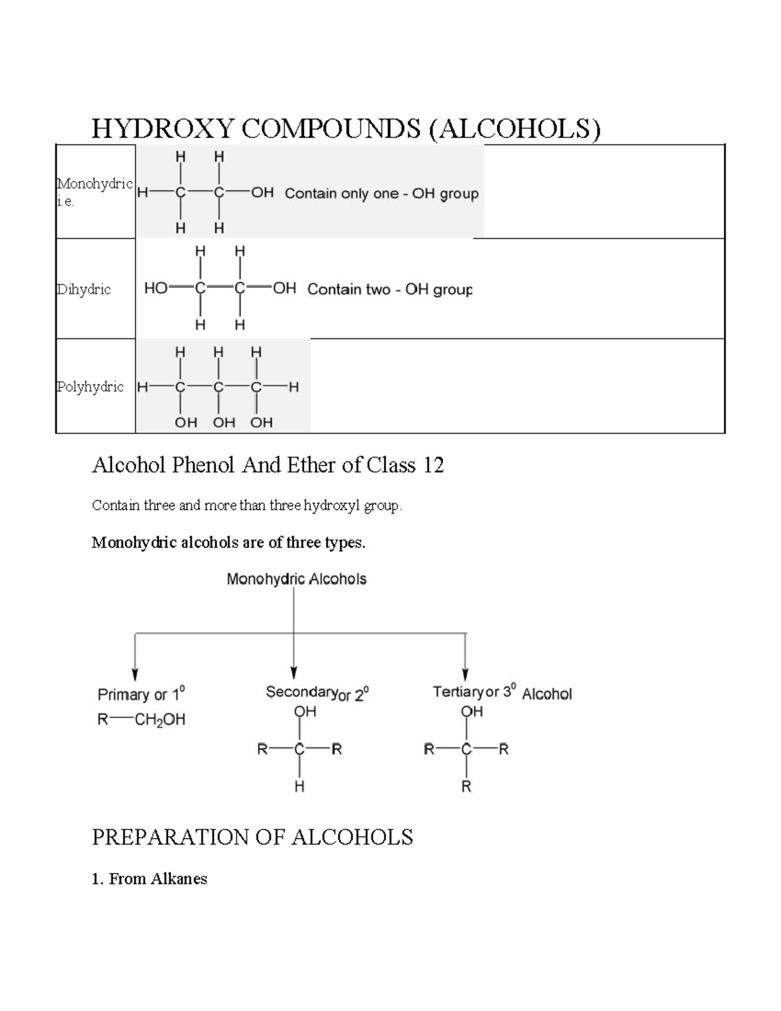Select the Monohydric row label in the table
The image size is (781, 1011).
point(95,184)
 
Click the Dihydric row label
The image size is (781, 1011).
point(84,289)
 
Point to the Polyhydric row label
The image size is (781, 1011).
point(90,387)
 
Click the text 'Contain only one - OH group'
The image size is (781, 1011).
point(381,193)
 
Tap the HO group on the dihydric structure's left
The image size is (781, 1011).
point(156,288)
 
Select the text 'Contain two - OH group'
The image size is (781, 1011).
point(389,289)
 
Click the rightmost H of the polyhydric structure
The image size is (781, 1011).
point(294,387)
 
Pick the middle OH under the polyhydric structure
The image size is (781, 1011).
point(224,422)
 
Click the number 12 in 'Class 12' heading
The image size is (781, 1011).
point(433,465)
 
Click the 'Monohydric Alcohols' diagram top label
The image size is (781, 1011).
point(296,579)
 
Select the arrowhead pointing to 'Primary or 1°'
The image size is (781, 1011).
point(135,674)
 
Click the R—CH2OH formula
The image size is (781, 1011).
point(141,719)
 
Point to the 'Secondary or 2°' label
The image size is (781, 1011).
point(317,693)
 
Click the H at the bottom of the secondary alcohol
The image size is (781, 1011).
point(299,786)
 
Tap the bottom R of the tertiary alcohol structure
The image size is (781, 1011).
point(466,786)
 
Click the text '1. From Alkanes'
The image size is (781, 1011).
point(150,879)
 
